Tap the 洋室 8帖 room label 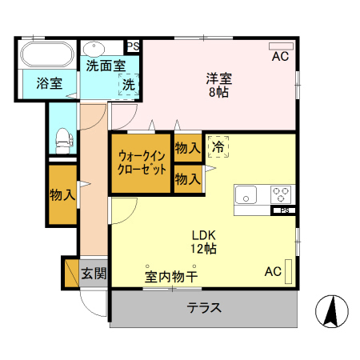[x=218, y=85]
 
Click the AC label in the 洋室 [x=279, y=57]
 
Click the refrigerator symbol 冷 [x=218, y=147]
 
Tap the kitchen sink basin [x=246, y=194]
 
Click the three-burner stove [x=281, y=194]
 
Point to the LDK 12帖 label [x=203, y=242]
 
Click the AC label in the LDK [x=274, y=272]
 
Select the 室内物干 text [x=171, y=277]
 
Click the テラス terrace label [x=204, y=308]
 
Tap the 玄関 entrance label [x=94, y=274]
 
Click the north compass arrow [x=330, y=310]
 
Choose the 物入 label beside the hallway [x=62, y=194]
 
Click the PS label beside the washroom [x=132, y=46]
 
